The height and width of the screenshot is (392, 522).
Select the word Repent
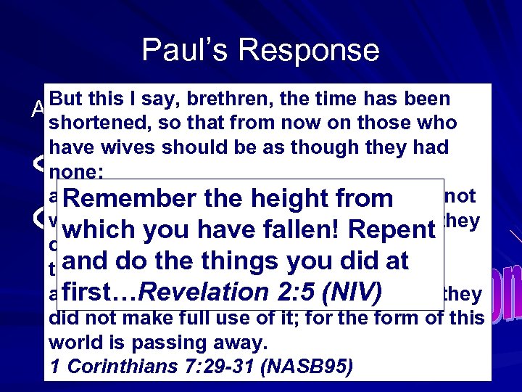[x=391, y=230]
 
